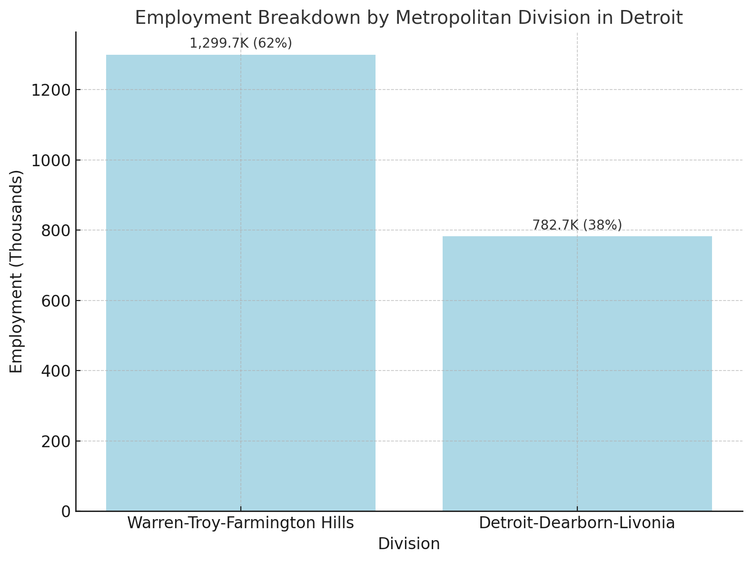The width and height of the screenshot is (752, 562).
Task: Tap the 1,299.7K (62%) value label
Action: (241, 43)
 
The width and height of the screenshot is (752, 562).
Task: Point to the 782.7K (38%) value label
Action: (577, 225)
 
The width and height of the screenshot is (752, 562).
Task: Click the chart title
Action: (408, 18)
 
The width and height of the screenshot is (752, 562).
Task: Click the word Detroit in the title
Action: (651, 18)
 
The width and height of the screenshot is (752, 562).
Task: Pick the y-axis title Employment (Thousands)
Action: (17, 271)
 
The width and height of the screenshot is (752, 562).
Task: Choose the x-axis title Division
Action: (409, 544)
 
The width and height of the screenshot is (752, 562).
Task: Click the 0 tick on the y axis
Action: (66, 512)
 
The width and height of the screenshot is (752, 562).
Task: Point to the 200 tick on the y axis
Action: (55, 442)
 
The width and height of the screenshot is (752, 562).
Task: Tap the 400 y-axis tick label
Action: (55, 371)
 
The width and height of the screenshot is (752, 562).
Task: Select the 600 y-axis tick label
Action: (55, 301)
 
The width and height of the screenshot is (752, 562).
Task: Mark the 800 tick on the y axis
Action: (55, 231)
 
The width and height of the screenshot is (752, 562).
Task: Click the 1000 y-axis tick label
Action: (51, 161)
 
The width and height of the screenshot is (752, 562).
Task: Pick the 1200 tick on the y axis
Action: (51, 90)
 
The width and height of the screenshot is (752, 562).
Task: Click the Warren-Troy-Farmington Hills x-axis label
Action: (240, 523)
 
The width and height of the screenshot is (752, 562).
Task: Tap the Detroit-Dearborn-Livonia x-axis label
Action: (577, 523)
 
